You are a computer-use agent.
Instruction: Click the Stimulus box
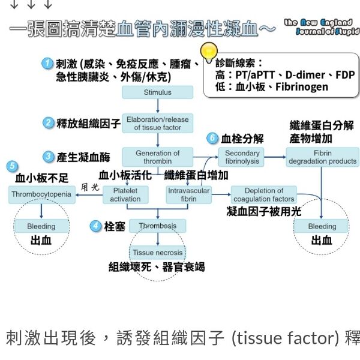point(157,92)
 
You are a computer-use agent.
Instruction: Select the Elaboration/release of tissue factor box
point(157,124)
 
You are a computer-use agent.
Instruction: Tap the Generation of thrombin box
point(157,157)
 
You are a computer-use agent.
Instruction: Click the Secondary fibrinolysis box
point(241,157)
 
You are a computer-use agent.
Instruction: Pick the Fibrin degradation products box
point(322,157)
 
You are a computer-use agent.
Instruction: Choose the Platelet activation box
point(125,194)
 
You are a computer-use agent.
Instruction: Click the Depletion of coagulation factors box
point(264,194)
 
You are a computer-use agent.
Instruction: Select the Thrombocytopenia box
point(41,194)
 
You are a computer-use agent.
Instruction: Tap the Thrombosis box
point(157,226)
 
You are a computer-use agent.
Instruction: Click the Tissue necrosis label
point(157,253)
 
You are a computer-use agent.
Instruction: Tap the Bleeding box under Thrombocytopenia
point(41,227)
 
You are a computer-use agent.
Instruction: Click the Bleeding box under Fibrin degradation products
point(322,227)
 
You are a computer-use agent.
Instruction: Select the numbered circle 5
point(12,166)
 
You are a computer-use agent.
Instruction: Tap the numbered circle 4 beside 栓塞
point(95,226)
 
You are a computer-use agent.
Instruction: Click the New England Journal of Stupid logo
point(317,27)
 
